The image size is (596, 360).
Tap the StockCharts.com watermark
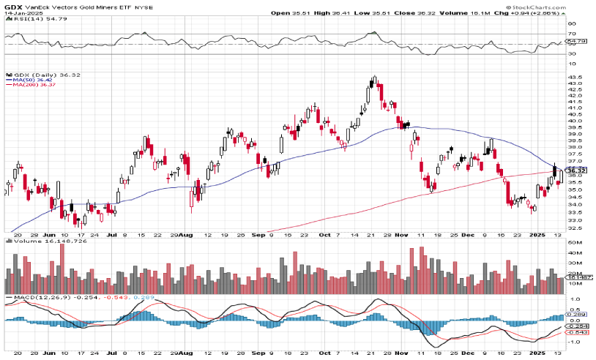pyautogui.click(x=565, y=6)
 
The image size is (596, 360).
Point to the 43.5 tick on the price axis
pyautogui.click(x=575, y=77)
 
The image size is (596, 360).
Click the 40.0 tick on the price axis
pyautogui.click(x=575, y=121)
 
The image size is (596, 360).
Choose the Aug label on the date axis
pyautogui.click(x=187, y=236)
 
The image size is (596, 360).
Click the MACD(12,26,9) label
pyautogui.click(x=26, y=299)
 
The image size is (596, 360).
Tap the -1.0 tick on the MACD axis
pyautogui.click(x=574, y=342)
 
